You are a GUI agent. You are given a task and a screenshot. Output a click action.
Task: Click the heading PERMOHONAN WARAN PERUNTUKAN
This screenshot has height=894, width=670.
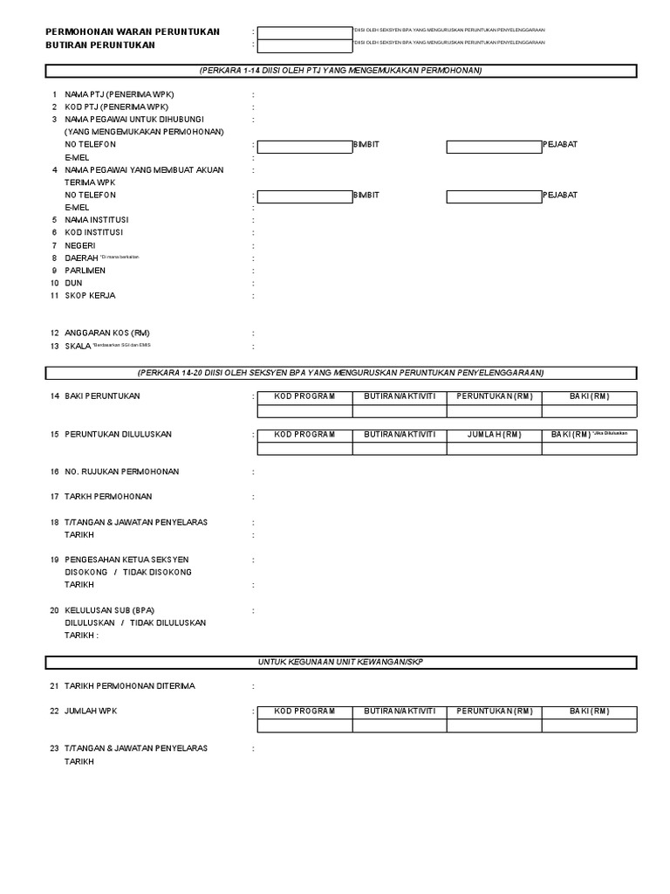pyautogui.click(x=133, y=31)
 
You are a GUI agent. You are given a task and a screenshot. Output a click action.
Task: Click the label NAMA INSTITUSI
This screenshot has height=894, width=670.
pyautogui.click(x=96, y=220)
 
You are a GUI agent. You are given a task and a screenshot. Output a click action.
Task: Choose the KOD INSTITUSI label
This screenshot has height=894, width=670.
pyautogui.click(x=93, y=232)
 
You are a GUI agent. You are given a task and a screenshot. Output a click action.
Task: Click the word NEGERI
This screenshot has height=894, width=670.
pyautogui.click(x=79, y=245)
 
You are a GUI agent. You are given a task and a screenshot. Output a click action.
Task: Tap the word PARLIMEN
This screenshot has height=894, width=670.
pyautogui.click(x=85, y=271)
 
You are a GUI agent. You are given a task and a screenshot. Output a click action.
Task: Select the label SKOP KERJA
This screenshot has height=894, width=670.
pyautogui.click(x=90, y=296)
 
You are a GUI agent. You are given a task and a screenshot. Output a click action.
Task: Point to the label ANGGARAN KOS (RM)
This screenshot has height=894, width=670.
pyautogui.click(x=106, y=334)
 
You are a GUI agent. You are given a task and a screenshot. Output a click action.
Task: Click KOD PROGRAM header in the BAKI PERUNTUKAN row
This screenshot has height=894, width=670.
pyautogui.click(x=304, y=397)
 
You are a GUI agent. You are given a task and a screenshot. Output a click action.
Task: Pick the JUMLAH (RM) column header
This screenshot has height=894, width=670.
pyautogui.click(x=494, y=435)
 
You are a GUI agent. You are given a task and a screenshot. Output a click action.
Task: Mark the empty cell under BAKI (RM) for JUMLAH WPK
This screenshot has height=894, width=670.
pyautogui.click(x=590, y=726)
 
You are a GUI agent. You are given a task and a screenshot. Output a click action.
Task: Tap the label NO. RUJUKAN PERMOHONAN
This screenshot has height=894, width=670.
pyautogui.click(x=121, y=471)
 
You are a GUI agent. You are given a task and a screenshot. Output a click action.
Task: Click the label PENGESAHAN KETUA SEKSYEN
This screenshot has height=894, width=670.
pyautogui.click(x=126, y=560)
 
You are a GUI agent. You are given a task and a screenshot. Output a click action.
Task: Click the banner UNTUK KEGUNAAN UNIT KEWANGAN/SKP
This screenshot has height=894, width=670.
pyautogui.click(x=339, y=662)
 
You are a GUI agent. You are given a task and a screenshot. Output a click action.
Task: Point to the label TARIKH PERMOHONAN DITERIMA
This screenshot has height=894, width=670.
pyautogui.click(x=129, y=686)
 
